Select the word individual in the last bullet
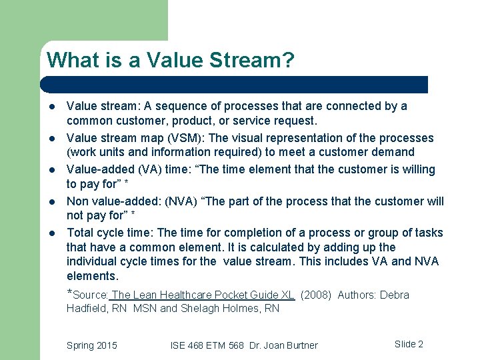click(x=93, y=261)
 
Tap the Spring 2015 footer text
click(x=91, y=345)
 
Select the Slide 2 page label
click(x=409, y=344)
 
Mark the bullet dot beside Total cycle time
click(x=52, y=233)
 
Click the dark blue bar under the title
click(x=233, y=84)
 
